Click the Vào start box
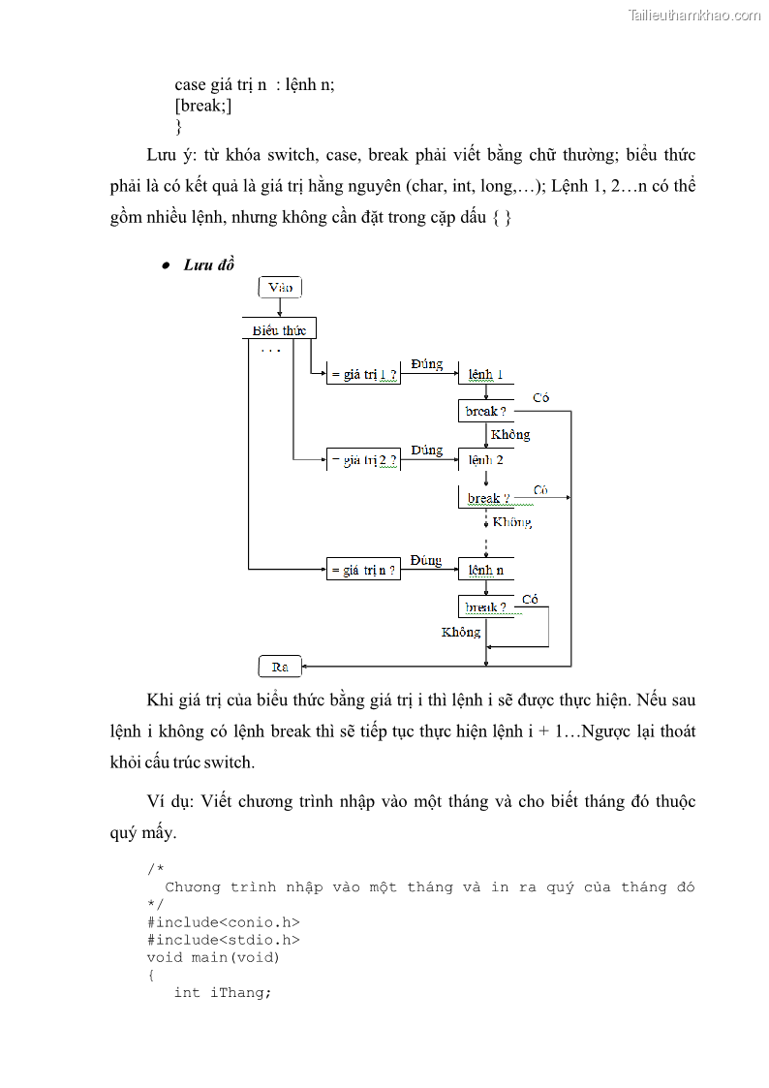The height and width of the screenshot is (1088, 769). pos(280,287)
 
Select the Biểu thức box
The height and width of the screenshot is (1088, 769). pos(279,329)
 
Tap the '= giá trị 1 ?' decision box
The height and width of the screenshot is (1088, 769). pos(363,374)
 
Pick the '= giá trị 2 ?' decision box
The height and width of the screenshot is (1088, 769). pos(363,460)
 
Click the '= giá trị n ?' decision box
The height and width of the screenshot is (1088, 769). pos(363,571)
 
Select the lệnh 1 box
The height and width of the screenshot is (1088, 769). pos(485,374)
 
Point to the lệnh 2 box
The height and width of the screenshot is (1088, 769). pos(485,460)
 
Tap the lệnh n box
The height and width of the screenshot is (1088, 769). pos(485,571)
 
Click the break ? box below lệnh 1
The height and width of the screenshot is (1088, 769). pos(485,411)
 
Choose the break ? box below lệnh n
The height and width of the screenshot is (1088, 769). pos(485,607)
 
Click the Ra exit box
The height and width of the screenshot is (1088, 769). pos(280,667)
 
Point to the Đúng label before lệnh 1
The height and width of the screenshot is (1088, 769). pos(426,364)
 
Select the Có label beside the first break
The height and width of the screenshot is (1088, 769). pos(540,398)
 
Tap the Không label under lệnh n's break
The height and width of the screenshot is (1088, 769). pos(461,632)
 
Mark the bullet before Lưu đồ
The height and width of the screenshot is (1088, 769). pos(166,265)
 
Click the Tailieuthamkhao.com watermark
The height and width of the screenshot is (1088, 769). pos(693,16)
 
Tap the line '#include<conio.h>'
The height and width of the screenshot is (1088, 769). pos(223,922)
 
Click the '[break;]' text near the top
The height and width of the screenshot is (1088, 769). pos(202,106)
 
